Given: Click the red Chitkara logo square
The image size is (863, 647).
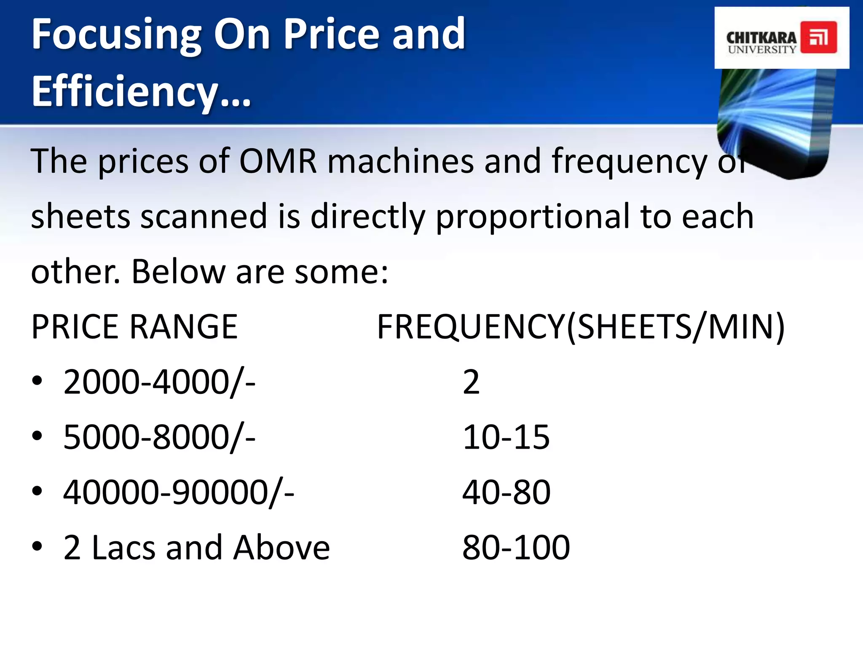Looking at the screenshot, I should point(818,37).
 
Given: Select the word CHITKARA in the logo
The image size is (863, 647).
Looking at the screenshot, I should point(761,37).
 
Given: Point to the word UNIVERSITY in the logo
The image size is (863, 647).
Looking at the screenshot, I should point(762,50).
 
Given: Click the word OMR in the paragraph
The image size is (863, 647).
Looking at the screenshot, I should point(278,161).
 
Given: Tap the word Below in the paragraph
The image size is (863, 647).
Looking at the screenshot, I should point(178,272).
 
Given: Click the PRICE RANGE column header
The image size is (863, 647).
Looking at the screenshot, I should point(134,327).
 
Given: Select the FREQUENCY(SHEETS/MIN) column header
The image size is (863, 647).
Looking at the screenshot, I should point(581,327).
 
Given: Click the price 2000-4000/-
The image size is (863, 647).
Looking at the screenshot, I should point(159,382).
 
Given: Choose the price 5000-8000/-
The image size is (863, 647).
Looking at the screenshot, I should point(159,437).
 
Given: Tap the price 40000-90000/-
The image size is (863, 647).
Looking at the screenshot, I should point(179,492).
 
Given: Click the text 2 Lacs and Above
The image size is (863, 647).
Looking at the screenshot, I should point(196,548).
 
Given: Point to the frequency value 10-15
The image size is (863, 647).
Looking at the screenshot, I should point(506,437).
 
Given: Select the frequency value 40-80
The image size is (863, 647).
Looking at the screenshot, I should point(506,492).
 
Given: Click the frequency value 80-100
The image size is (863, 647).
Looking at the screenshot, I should point(516,548).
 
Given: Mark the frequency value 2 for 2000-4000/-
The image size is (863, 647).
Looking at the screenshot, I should point(471,382).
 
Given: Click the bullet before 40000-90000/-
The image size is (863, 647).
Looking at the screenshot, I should point(37,491).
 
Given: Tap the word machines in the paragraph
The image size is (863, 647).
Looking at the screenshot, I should point(400,161).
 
